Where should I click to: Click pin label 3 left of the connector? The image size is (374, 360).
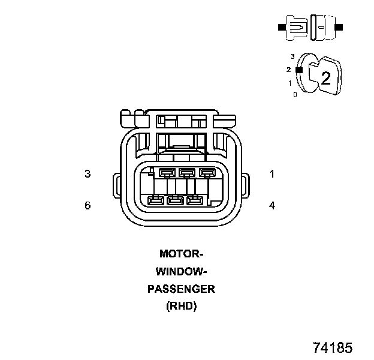click(88, 174)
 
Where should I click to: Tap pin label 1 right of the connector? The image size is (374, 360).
click(272, 174)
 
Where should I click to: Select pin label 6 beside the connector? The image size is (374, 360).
click(88, 206)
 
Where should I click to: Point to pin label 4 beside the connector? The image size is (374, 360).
click(272, 206)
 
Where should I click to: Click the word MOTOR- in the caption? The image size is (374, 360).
click(181, 254)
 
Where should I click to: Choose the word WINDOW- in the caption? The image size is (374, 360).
click(181, 271)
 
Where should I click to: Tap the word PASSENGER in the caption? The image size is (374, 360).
click(181, 289)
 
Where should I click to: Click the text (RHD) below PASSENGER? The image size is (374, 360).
click(181, 306)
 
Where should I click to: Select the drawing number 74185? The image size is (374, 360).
click(333, 348)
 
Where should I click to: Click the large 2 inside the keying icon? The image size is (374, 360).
click(326, 78)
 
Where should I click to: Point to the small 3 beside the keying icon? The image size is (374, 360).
click(292, 56)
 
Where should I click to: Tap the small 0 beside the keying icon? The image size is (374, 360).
click(295, 94)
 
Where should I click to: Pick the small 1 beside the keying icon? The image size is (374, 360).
click(290, 83)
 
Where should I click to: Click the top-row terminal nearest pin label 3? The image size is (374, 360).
click(167, 173)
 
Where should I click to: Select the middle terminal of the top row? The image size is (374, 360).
click(187, 173)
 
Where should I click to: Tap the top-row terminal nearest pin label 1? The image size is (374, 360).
click(207, 173)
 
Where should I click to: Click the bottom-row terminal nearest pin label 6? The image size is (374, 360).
click(156, 200)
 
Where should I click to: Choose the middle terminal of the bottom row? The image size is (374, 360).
click(175, 200)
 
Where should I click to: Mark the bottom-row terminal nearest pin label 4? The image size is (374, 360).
click(194, 200)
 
